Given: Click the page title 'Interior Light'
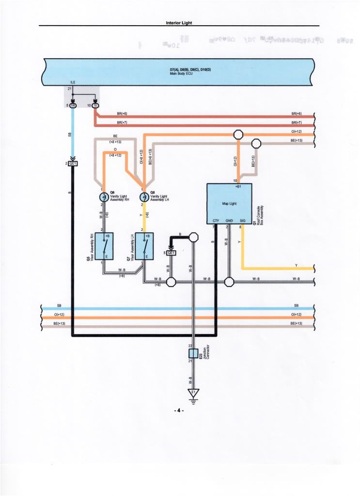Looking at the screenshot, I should [179, 22].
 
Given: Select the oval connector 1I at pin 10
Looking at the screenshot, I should [95, 105].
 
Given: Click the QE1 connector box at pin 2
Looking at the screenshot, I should [73, 163].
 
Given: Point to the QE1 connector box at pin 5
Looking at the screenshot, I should [172, 253].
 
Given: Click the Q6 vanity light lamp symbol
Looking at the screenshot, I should [103, 197].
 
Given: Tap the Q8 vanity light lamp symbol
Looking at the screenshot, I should [144, 197].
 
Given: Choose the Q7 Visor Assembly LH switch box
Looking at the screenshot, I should [145, 246].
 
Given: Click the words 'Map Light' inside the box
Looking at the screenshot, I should [229, 204].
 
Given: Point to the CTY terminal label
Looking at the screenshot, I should [216, 221].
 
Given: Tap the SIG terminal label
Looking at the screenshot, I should [242, 221].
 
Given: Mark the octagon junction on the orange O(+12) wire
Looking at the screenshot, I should [238, 134].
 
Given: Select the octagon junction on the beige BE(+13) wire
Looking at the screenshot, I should [257, 144].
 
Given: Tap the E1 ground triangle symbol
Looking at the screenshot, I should [193, 394].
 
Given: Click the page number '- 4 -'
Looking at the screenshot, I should [179, 411].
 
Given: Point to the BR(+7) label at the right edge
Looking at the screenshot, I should [297, 123].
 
